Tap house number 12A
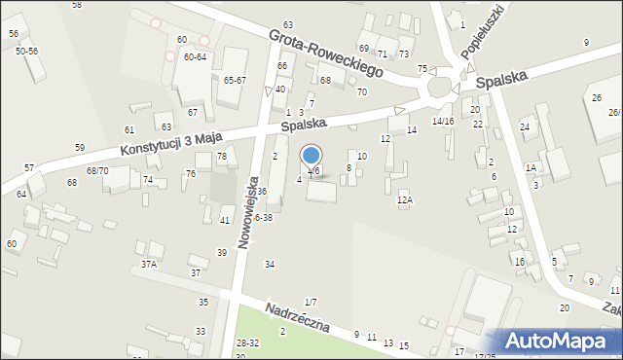click(405, 199)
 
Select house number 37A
click(149, 264)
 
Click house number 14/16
click(443, 121)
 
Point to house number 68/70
click(96, 170)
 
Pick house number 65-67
click(235, 80)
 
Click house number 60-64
click(195, 56)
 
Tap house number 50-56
click(26, 50)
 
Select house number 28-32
click(247, 342)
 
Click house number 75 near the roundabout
click(421, 68)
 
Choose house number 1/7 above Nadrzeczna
click(310, 303)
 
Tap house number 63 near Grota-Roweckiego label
click(288, 24)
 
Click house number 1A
click(531, 167)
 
